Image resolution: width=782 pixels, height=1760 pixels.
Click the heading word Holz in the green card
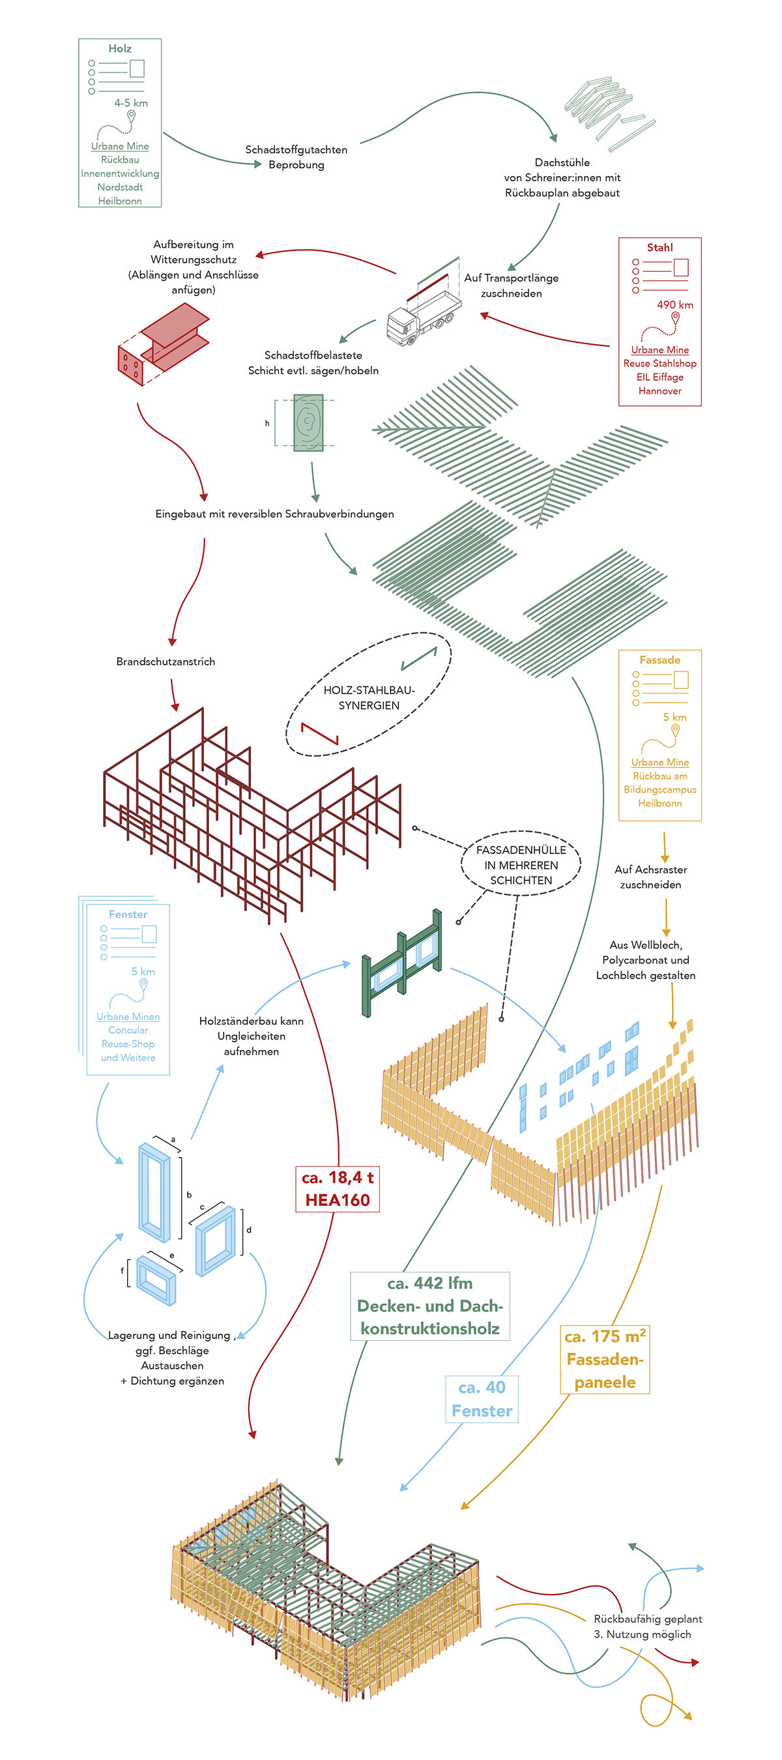click(119, 48)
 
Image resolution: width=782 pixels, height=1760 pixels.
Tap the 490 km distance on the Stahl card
click(674, 304)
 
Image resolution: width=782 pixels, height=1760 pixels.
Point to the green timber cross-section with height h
click(308, 422)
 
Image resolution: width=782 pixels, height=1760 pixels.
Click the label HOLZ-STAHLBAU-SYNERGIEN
click(369, 697)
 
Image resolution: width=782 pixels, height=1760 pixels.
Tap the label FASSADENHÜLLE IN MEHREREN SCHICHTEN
click(521, 864)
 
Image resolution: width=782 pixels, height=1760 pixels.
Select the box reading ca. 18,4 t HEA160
click(338, 1189)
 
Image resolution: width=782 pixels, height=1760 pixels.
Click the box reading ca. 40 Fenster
click(482, 1399)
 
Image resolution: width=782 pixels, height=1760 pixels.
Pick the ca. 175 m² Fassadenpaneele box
click(605, 1359)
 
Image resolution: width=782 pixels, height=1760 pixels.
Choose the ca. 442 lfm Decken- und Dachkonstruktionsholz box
click(429, 1306)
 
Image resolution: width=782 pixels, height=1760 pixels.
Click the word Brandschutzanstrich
click(166, 662)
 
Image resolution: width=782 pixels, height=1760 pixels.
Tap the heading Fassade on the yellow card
click(659, 660)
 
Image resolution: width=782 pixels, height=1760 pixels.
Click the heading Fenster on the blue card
click(128, 914)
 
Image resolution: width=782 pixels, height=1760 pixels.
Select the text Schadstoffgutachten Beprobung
click(297, 157)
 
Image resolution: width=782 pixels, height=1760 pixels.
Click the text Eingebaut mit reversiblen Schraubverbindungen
click(274, 514)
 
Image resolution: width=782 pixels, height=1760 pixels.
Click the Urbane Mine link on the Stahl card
click(659, 350)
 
